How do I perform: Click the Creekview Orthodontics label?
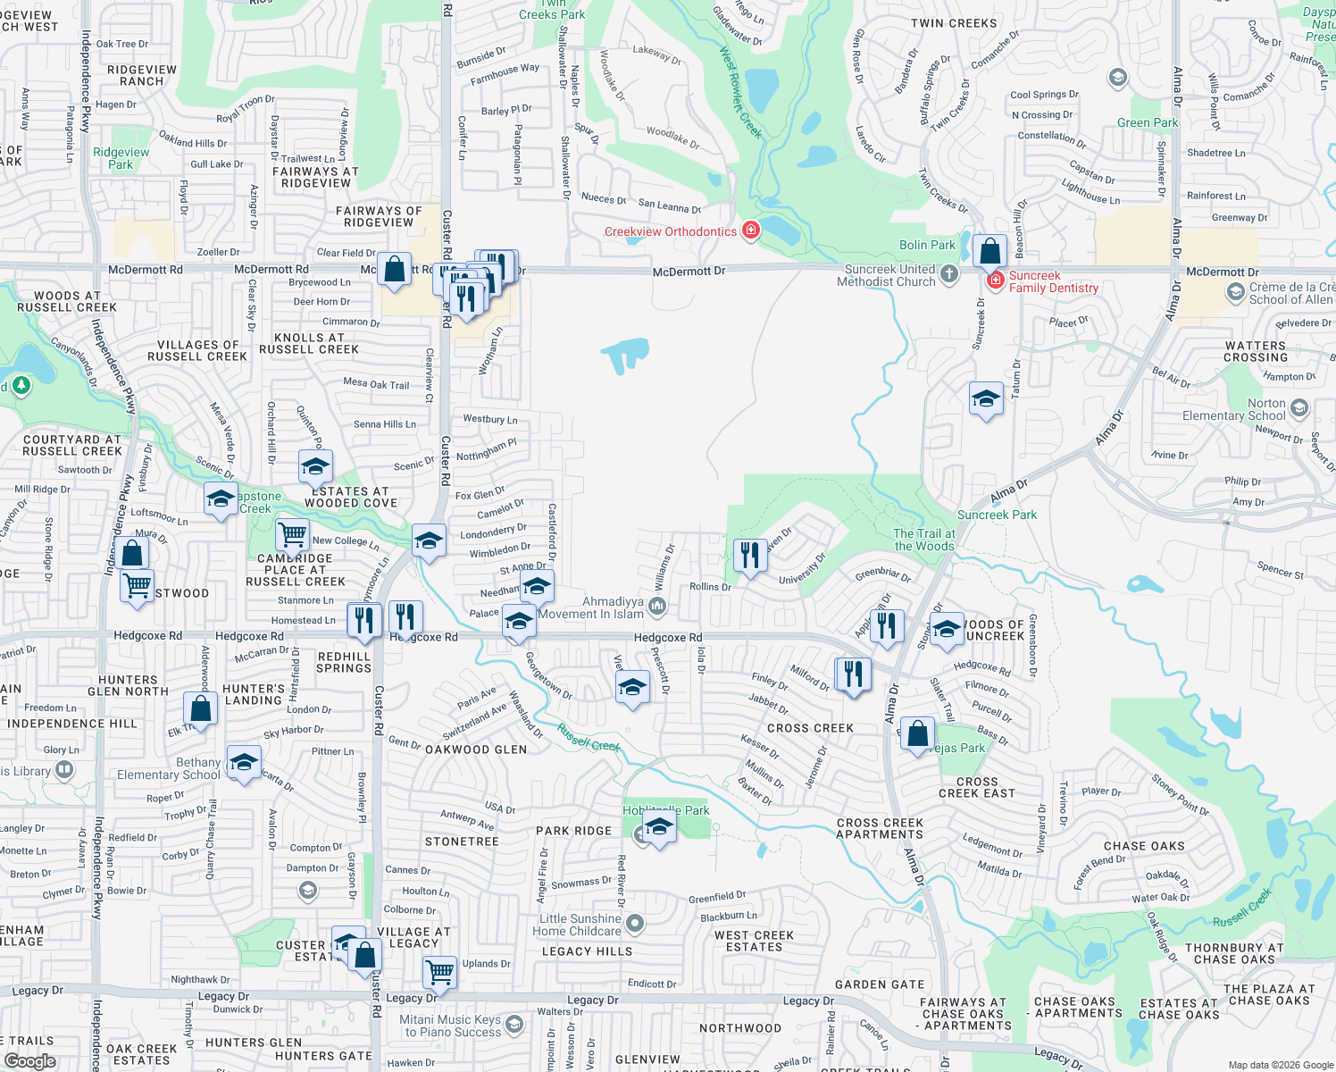(671, 232)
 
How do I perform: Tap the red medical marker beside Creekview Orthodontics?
(751, 230)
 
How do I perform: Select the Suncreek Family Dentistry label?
(1053, 282)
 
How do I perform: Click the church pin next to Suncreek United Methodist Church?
(949, 274)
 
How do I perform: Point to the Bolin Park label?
(927, 246)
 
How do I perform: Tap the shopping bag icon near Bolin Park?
(989, 252)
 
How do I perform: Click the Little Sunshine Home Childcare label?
(580, 925)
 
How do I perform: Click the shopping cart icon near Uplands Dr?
(439, 971)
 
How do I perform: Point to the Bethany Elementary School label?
(169, 769)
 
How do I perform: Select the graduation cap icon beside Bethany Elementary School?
(244, 764)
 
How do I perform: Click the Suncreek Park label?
(997, 515)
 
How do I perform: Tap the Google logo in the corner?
(30, 1061)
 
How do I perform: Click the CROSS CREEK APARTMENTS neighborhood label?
(880, 829)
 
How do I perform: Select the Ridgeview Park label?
(121, 158)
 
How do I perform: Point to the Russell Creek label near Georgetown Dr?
(589, 738)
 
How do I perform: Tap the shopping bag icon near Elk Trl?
(201, 710)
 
